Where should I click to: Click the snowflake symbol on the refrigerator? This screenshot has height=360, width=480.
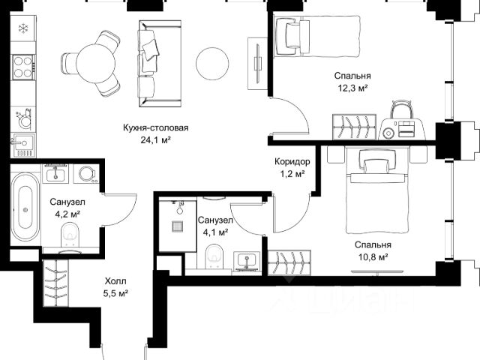coord(23,28)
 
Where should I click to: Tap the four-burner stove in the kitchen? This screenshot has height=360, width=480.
coord(23,67)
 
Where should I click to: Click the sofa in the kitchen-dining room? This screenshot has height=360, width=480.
coord(160,64)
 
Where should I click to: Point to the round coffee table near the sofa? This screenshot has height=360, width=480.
coord(212,63)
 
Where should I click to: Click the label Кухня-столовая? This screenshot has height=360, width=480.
coord(155,127)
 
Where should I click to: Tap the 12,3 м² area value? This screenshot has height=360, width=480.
coord(352,88)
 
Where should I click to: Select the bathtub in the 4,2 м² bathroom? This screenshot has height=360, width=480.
coord(25,207)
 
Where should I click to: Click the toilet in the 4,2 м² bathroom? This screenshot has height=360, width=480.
coord(70,235)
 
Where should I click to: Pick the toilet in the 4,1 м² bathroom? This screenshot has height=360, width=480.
coord(214,256)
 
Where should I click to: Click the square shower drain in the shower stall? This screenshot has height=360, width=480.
coord(178,226)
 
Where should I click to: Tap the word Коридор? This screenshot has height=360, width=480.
coord(292,161)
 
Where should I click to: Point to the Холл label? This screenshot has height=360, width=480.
coord(115,281)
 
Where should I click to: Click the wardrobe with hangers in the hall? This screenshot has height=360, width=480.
coord(56,283)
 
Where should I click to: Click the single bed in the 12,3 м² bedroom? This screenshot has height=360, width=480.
coord(316,36)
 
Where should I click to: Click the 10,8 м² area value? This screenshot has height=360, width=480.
coord(373,257)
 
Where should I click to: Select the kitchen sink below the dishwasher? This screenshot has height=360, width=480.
coord(23,145)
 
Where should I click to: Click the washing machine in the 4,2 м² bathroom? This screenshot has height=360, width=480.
coord(87,174)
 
